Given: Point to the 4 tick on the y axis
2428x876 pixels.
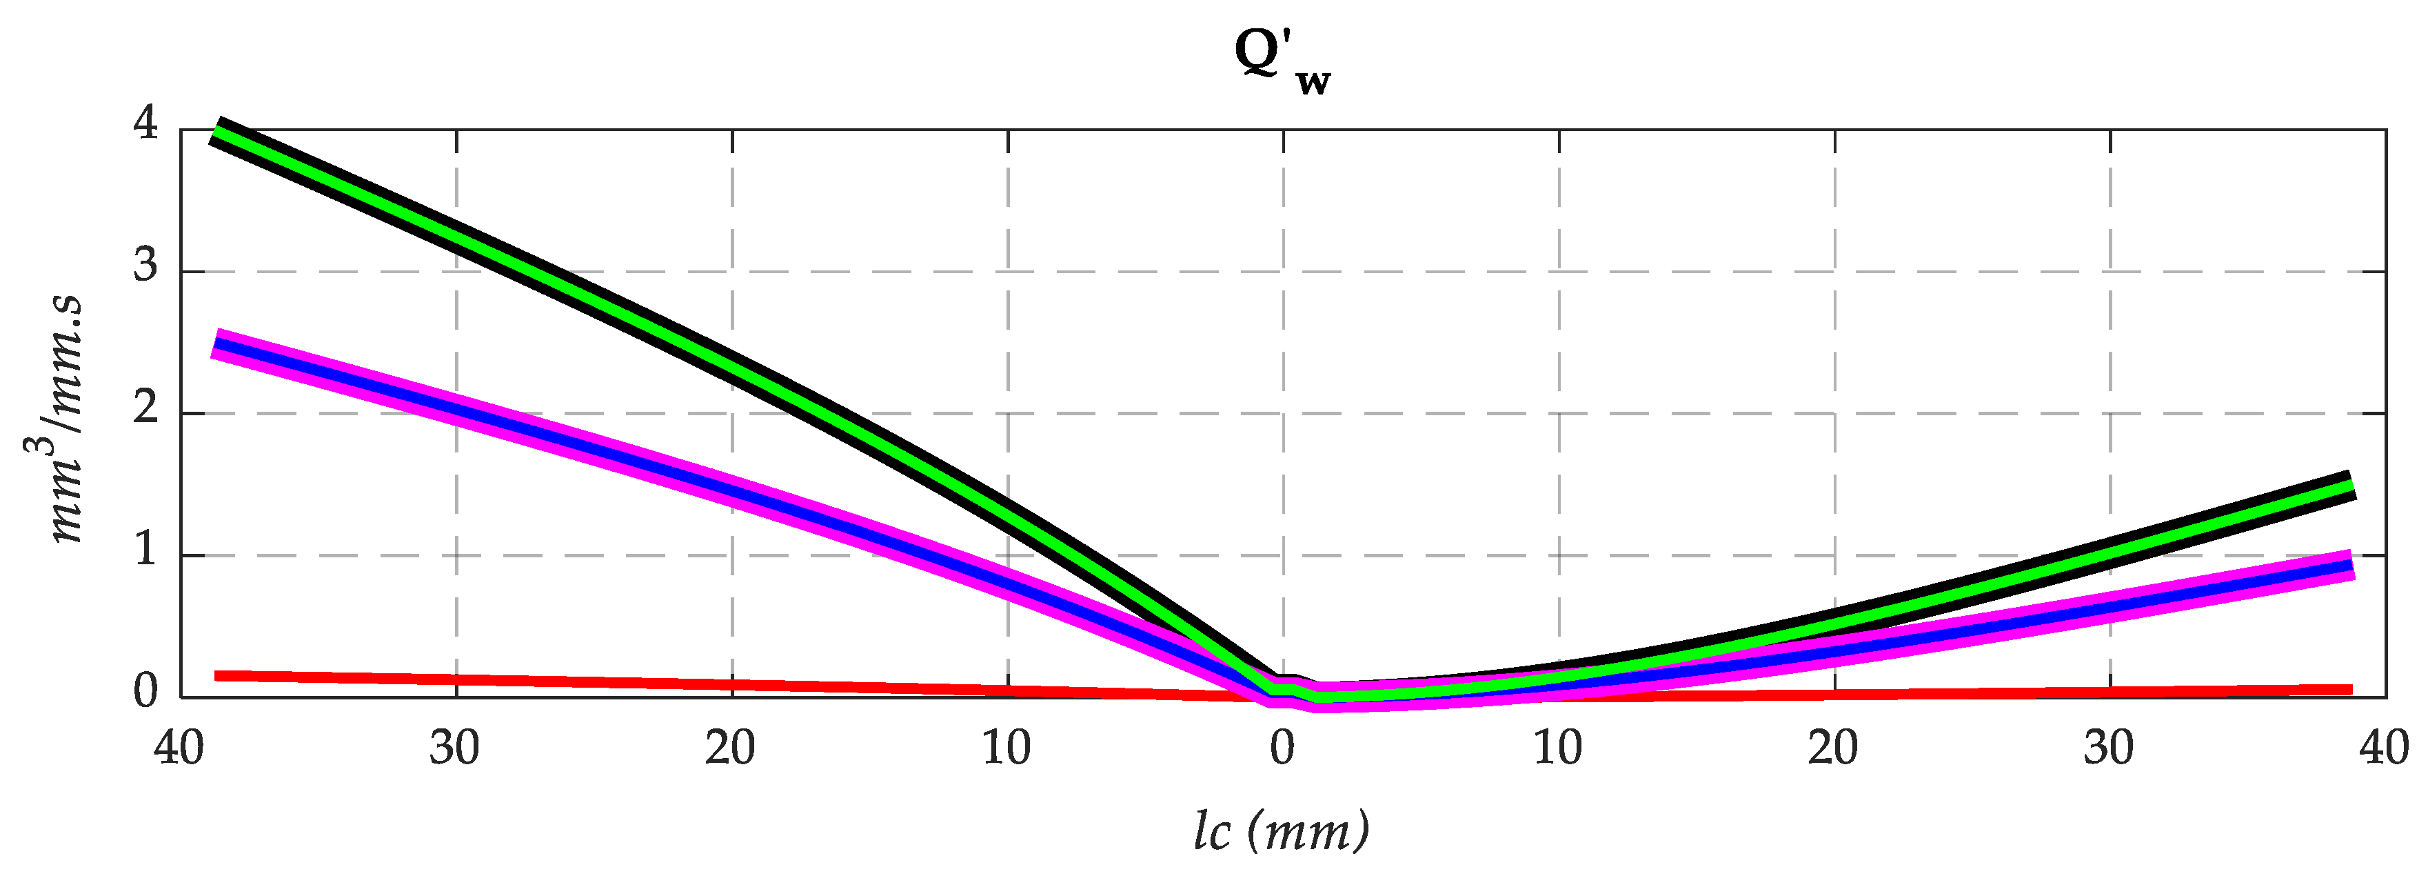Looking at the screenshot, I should point(146,123).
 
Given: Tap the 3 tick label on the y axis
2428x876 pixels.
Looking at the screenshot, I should point(146,267).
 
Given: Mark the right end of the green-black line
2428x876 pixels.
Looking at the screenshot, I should point(2351,486).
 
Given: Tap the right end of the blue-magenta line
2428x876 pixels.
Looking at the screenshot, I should point(2351,566).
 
